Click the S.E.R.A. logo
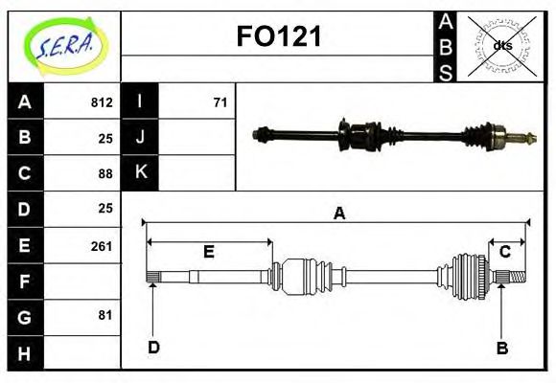(64, 46)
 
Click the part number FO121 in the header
(279, 37)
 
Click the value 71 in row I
(220, 102)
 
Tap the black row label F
(25, 281)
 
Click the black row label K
(141, 172)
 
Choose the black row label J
(141, 137)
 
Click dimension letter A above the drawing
(338, 214)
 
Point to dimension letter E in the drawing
(208, 252)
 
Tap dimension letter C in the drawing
(504, 252)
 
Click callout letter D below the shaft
(153, 348)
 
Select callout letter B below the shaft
(502, 348)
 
